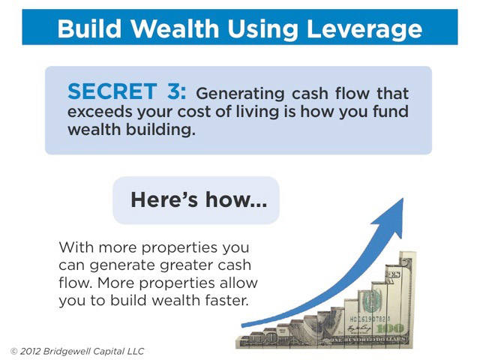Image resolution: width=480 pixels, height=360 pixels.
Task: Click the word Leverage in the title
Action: (x=364, y=29)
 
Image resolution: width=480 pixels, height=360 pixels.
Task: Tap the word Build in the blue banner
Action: (x=89, y=28)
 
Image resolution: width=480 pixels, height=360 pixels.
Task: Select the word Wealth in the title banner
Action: (x=175, y=28)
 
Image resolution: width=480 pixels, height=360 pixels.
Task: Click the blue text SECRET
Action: (x=112, y=91)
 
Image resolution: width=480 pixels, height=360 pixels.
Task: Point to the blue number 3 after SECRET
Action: (x=173, y=91)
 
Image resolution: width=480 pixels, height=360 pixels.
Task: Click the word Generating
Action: (x=240, y=94)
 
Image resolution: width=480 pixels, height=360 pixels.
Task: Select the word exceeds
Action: (x=100, y=112)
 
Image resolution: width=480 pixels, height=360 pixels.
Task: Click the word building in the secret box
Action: (x=160, y=130)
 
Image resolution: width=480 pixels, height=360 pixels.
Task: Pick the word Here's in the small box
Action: (x=164, y=199)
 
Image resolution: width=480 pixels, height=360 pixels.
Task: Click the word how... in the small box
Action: (x=236, y=199)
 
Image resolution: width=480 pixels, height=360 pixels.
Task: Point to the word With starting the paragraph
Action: (x=76, y=247)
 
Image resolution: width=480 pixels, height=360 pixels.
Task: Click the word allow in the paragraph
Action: (x=238, y=283)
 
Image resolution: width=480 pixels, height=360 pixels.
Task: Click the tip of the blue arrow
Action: (x=403, y=198)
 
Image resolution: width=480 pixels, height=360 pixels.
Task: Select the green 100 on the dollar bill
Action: (x=390, y=329)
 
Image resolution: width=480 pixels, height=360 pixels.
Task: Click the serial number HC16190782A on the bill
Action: (x=370, y=319)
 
